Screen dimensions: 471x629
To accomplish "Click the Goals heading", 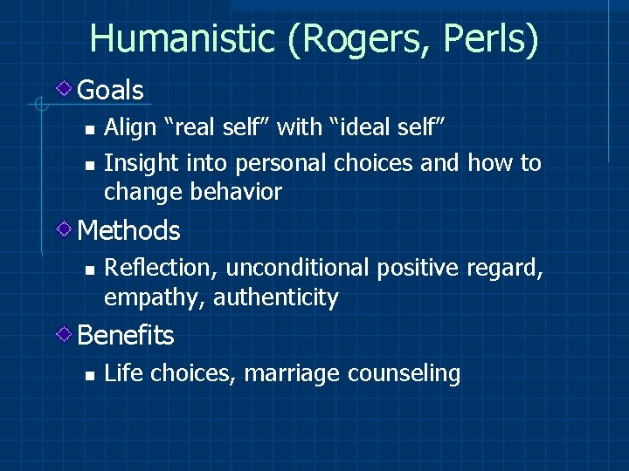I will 110,90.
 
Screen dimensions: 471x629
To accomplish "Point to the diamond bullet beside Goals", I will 65,88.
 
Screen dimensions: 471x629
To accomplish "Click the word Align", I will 128,128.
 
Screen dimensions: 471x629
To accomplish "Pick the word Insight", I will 135,163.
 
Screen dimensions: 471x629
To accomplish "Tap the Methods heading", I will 128,231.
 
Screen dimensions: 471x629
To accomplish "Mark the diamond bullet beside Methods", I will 65,229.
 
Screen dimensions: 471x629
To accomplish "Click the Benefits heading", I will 126,335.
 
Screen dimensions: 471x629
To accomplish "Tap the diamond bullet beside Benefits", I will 65,334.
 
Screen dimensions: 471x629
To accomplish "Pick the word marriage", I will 293,374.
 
